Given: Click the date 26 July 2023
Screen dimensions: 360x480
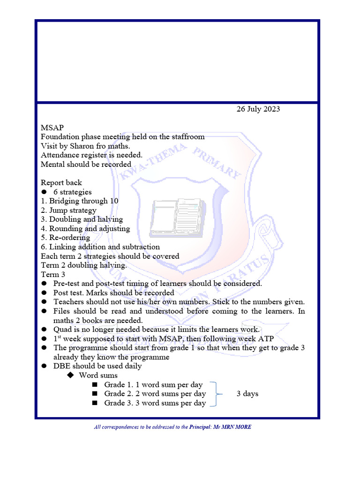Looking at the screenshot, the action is click(258, 109).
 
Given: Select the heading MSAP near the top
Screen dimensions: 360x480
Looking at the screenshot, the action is click(52, 127).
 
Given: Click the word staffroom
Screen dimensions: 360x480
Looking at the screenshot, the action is click(186, 137).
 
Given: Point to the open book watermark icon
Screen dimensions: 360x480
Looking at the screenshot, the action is click(177, 216).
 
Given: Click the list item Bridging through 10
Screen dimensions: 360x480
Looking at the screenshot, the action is click(84, 201).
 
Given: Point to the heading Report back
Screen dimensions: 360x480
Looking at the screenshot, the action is click(61, 183).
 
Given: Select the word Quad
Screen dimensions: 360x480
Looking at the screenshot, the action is click(62, 330).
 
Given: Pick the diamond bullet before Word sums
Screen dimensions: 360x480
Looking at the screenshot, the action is click(71, 375).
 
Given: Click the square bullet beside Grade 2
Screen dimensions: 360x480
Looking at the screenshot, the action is click(95, 394).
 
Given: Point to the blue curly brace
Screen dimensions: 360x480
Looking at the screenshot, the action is click(216, 394).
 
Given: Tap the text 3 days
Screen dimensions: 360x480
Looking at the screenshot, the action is click(247, 394).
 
